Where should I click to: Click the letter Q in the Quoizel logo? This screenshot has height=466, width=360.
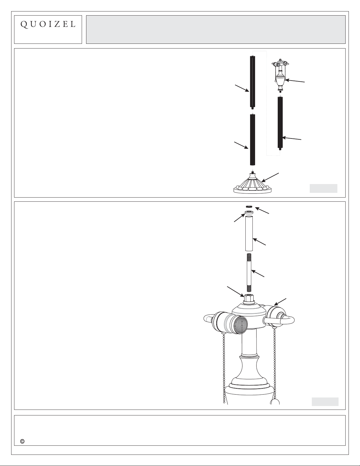click(x=24, y=25)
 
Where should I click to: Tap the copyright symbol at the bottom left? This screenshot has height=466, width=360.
click(x=22, y=441)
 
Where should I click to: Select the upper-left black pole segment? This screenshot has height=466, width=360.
click(x=253, y=82)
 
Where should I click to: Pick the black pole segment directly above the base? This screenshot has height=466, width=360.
click(x=253, y=140)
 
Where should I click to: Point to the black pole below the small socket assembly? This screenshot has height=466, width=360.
click(x=280, y=123)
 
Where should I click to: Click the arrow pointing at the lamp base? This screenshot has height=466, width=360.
click(x=270, y=177)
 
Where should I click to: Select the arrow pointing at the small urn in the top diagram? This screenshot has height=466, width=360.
click(x=295, y=81)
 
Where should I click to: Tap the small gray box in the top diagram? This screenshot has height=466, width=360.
click(x=323, y=188)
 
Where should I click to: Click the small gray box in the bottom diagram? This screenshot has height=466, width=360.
click(x=325, y=401)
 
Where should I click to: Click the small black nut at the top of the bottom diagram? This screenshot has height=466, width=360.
click(x=249, y=206)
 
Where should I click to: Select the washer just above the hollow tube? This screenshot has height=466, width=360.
click(x=249, y=213)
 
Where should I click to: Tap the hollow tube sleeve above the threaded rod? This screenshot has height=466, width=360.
click(x=249, y=233)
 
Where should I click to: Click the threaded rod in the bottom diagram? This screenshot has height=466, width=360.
click(x=249, y=273)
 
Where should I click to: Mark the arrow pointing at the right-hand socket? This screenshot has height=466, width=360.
click(x=280, y=302)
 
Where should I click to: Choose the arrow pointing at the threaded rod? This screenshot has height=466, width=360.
click(x=258, y=273)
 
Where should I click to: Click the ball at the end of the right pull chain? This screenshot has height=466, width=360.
click(x=275, y=402)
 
